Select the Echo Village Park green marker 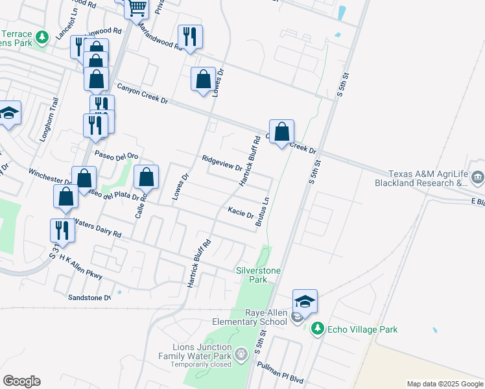(x=317, y=329)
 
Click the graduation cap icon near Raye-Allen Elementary (x=305, y=301)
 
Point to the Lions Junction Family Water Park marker (x=241, y=355)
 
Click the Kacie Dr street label (x=241, y=211)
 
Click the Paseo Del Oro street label (x=117, y=156)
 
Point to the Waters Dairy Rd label (x=97, y=227)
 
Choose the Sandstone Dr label (x=89, y=298)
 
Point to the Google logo (x=21, y=381)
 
